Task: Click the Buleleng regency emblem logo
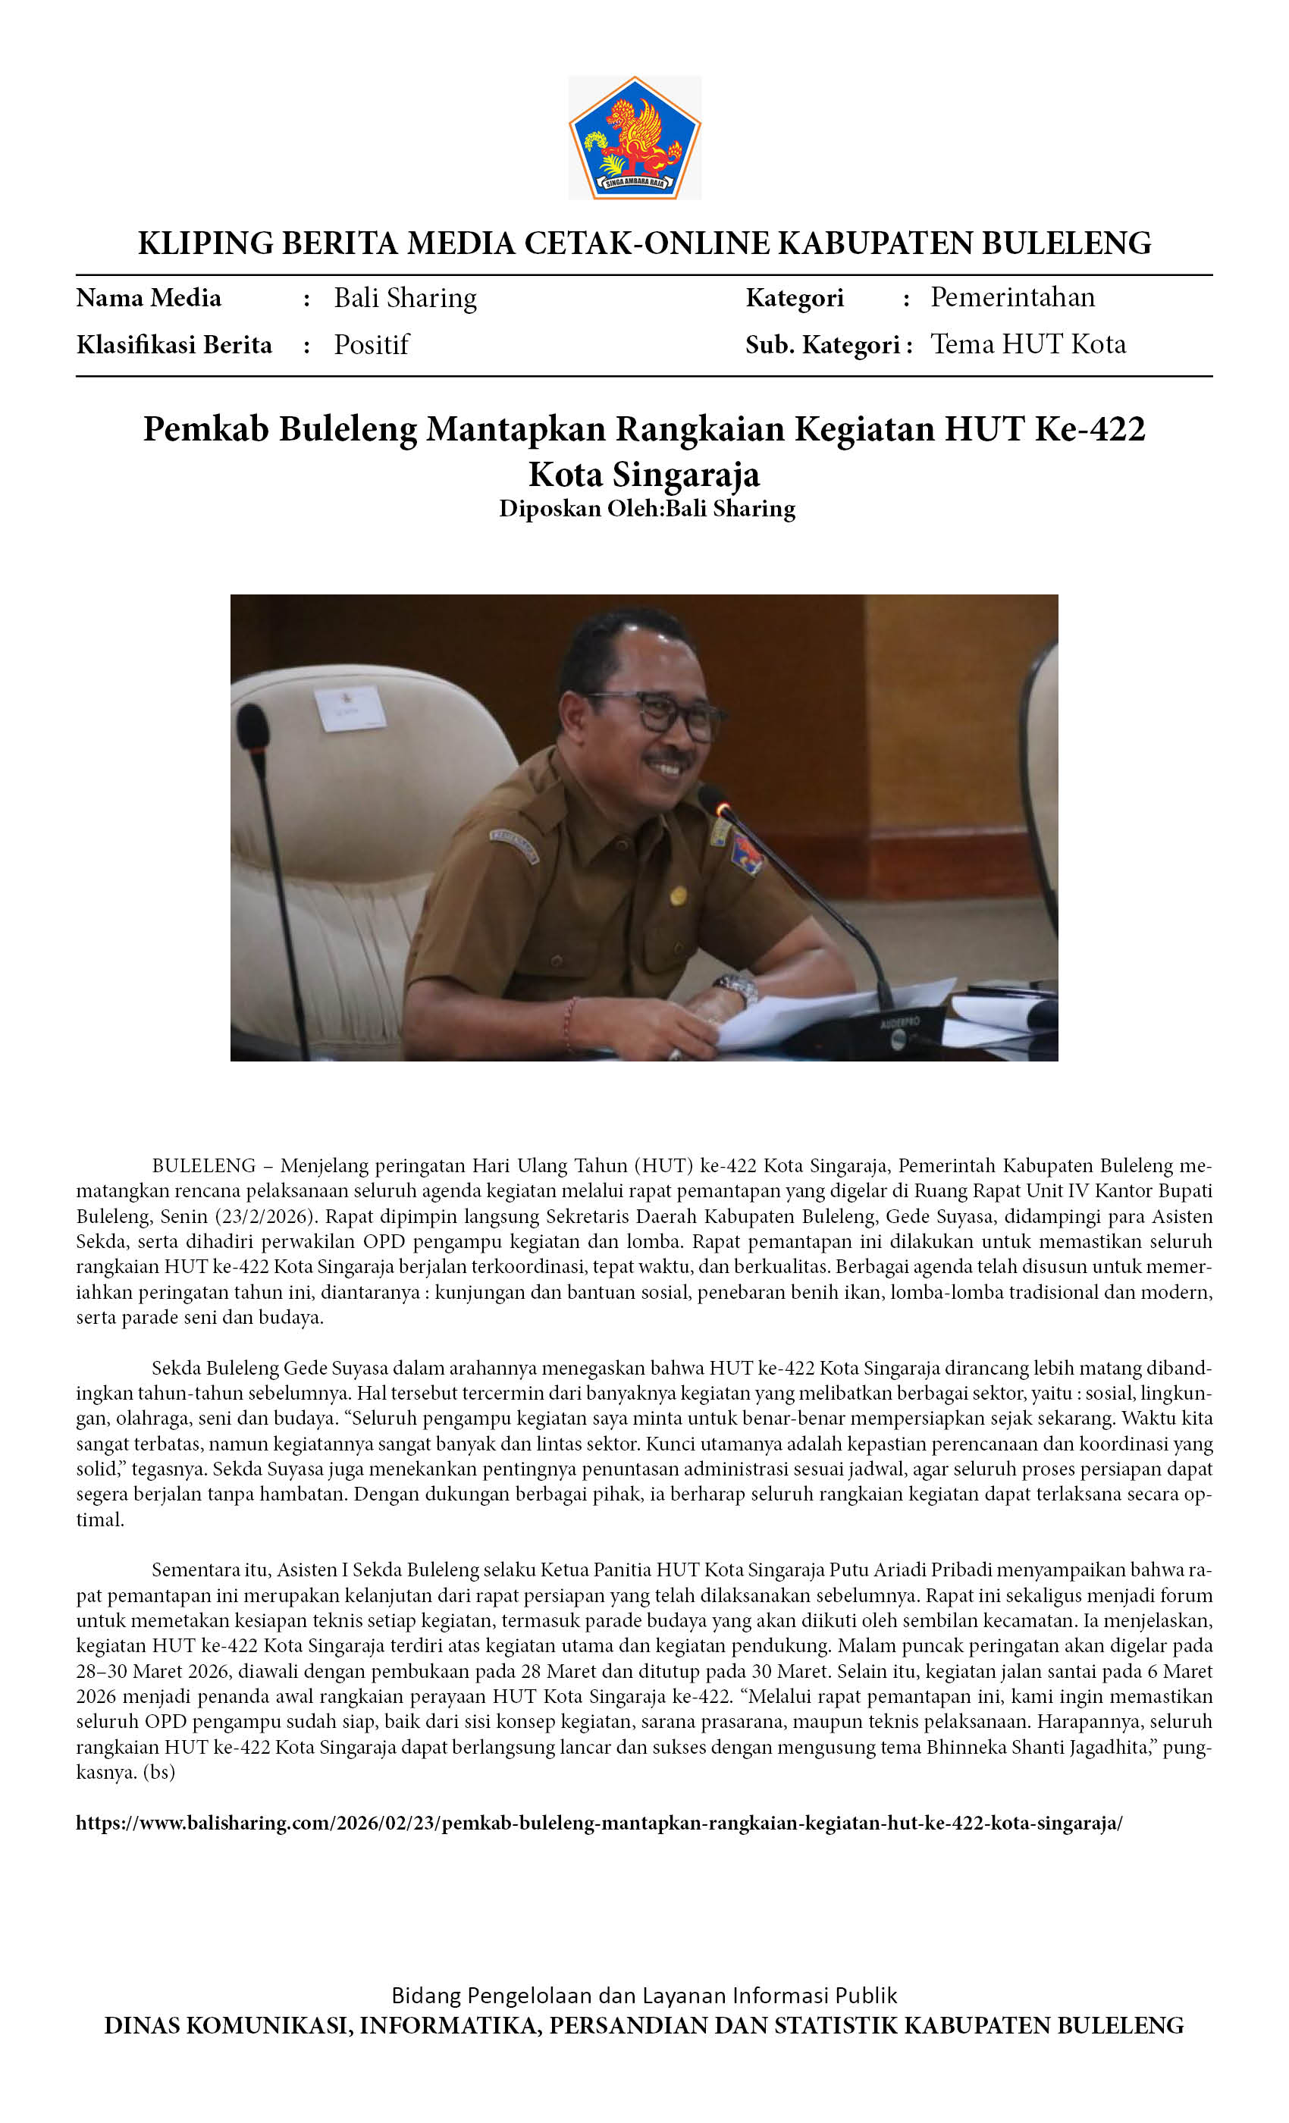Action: [x=634, y=138]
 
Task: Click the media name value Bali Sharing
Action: [x=405, y=298]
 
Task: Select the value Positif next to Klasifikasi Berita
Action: [x=372, y=345]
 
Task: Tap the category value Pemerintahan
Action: [x=1012, y=297]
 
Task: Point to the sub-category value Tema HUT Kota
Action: [x=1028, y=345]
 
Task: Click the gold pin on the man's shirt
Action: [x=678, y=895]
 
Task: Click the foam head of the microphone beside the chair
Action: [x=253, y=726]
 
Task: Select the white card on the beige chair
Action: [x=350, y=708]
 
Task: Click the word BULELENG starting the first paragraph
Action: [x=203, y=1166]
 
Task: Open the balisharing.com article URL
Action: [x=599, y=1824]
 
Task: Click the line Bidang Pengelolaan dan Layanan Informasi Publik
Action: [x=644, y=1996]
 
